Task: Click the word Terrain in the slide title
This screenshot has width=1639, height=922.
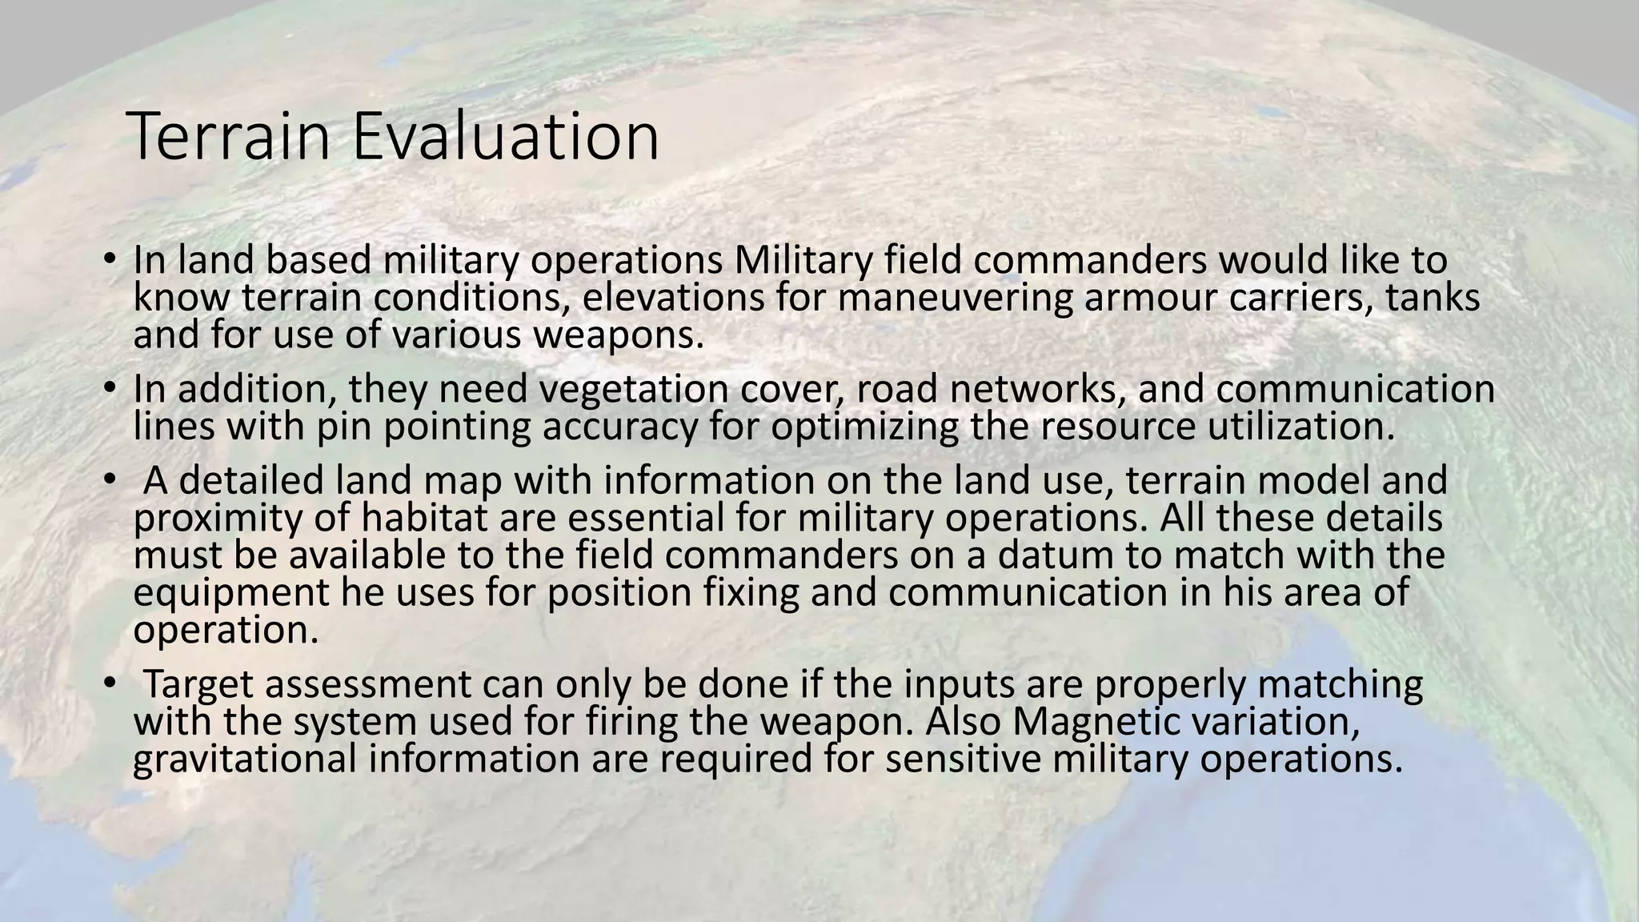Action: pos(228,138)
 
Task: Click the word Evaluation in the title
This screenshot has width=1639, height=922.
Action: pos(505,138)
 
